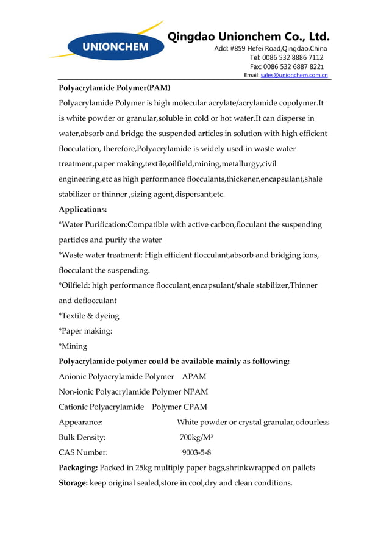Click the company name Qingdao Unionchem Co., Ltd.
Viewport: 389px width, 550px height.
[x=248, y=36]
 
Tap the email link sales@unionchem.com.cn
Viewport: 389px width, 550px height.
[x=294, y=76]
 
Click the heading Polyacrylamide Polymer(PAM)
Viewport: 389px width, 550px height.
[x=114, y=88]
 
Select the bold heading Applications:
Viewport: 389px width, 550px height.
[x=82, y=209]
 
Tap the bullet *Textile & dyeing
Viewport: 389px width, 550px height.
[x=88, y=316]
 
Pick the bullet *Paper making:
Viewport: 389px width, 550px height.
[x=85, y=331]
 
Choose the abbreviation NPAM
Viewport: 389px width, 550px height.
[x=196, y=392]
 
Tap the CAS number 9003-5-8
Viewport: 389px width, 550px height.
[x=196, y=452]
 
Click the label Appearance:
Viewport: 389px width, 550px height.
[x=80, y=422]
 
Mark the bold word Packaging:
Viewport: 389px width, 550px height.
[x=77, y=468]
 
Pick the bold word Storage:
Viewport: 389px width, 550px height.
[x=73, y=483]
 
